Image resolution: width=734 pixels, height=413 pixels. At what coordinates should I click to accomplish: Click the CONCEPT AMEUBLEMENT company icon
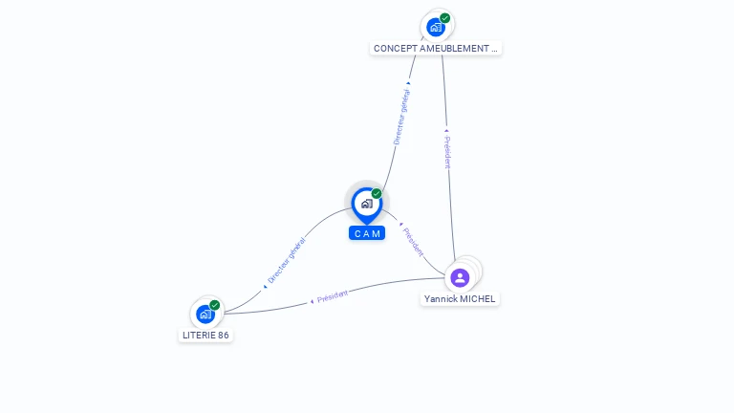click(x=436, y=27)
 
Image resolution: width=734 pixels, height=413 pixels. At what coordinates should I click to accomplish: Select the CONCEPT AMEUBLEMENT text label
click(x=436, y=48)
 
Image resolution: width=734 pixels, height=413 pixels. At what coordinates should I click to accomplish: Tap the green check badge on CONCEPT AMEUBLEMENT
click(x=445, y=17)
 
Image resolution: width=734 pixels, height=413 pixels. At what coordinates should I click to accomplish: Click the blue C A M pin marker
click(x=366, y=204)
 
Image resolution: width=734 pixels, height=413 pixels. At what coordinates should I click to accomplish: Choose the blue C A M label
click(x=367, y=233)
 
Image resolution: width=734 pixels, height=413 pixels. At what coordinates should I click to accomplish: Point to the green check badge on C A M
click(x=377, y=193)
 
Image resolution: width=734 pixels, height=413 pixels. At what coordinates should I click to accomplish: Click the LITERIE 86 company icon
click(x=205, y=314)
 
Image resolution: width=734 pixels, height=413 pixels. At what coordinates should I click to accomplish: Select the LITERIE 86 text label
click(x=205, y=336)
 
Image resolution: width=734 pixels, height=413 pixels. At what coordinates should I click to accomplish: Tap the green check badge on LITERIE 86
click(x=215, y=305)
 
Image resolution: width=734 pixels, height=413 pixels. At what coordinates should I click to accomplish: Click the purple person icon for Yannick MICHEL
click(x=460, y=277)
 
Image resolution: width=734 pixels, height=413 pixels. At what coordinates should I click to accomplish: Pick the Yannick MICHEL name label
click(x=460, y=299)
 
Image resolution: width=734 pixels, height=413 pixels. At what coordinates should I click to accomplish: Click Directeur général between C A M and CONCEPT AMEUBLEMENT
click(x=401, y=116)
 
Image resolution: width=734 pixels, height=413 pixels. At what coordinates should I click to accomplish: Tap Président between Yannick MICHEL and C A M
click(x=413, y=242)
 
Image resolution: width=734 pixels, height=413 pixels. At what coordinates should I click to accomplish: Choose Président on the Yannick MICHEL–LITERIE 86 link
click(x=332, y=295)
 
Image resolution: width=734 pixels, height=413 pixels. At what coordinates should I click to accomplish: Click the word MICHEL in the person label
click(x=478, y=299)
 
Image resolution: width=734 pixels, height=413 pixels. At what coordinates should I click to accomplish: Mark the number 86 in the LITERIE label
click(x=223, y=336)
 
